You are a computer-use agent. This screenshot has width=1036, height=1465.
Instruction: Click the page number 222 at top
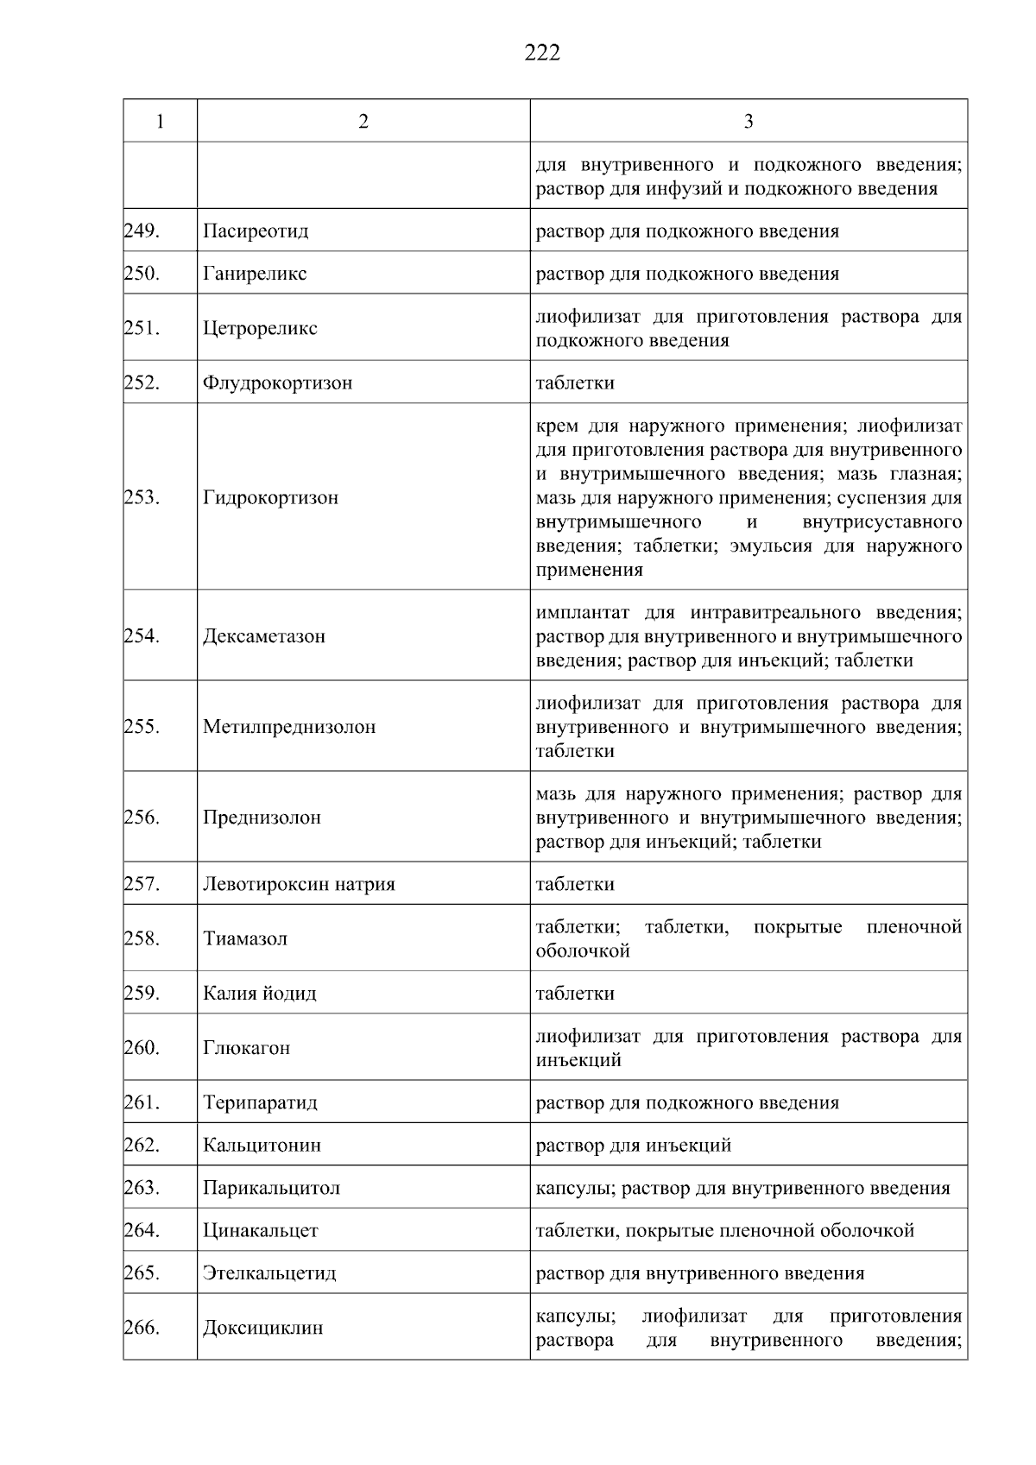(x=542, y=54)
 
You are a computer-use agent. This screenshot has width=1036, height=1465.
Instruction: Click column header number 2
(x=363, y=122)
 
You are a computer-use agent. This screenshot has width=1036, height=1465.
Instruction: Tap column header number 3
(x=748, y=122)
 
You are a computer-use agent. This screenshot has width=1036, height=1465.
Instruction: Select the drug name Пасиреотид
(x=256, y=231)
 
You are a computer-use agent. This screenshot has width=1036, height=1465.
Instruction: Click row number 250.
(x=142, y=274)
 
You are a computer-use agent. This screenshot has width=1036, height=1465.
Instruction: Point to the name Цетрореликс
(x=260, y=328)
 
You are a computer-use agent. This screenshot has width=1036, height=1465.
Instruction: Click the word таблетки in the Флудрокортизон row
(x=575, y=382)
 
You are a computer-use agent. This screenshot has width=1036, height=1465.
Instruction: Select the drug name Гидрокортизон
(x=270, y=497)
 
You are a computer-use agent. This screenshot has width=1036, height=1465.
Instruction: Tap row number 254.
(x=142, y=636)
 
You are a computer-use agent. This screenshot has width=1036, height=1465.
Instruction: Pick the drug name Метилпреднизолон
(x=289, y=727)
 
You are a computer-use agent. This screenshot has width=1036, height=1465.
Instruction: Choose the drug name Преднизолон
(x=262, y=818)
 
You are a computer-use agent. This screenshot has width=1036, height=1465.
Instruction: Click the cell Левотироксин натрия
(x=299, y=884)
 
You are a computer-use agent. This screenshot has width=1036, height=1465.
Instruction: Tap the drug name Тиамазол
(x=245, y=938)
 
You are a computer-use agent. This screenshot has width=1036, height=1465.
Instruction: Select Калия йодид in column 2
(x=260, y=993)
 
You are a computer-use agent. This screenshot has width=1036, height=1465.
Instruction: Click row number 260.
(x=142, y=1047)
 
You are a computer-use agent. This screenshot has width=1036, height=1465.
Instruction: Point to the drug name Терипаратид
(x=260, y=1102)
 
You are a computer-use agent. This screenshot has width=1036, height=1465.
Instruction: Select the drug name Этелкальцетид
(x=269, y=1273)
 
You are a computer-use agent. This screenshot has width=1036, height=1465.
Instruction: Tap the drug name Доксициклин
(x=262, y=1328)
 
